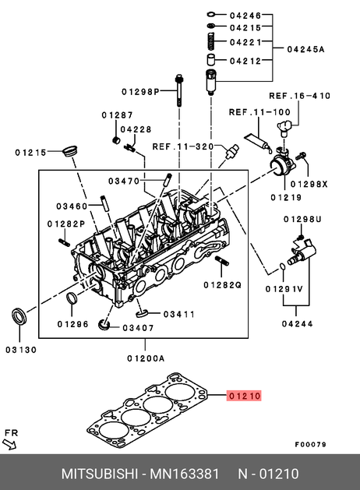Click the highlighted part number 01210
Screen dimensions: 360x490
point(244,396)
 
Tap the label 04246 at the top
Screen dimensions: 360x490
point(245,15)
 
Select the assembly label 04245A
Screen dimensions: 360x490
point(305,49)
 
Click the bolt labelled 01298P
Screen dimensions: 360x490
point(179,90)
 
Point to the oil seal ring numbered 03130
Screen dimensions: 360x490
point(19,316)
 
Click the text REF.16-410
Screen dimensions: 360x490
point(299,96)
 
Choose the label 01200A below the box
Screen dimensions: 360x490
point(146,358)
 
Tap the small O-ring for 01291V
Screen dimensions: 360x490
point(282,266)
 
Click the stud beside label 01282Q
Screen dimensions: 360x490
point(221,260)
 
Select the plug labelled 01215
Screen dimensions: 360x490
point(69,151)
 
